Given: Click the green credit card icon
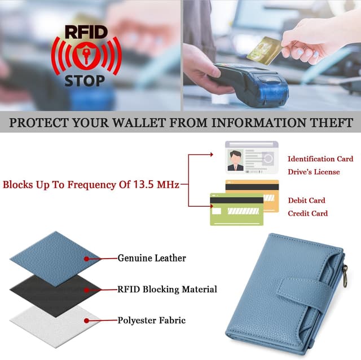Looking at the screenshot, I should click(x=236, y=210).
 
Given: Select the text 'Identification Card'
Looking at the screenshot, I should click(x=320, y=159).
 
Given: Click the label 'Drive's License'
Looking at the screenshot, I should click(x=314, y=172).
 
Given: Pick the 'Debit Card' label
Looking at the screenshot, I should click(x=306, y=200).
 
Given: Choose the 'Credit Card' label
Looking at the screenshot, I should click(x=307, y=214).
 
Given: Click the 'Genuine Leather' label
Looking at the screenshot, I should click(x=152, y=259).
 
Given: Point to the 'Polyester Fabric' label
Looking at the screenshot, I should click(x=152, y=321).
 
